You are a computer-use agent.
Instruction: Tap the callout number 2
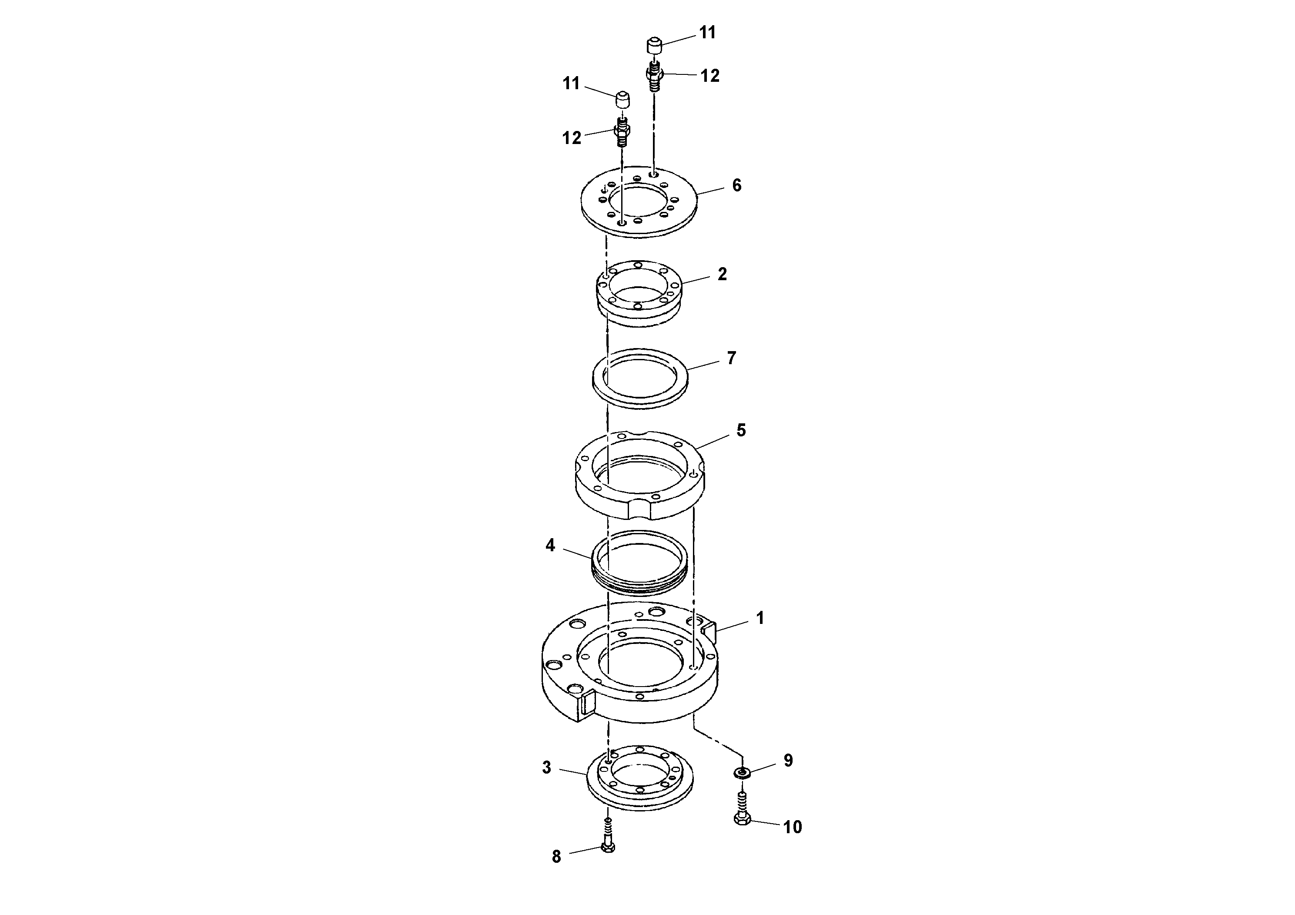(722, 274)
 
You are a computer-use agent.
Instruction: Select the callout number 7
(732, 358)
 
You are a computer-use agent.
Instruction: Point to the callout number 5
(741, 430)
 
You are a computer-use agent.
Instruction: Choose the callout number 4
(550, 545)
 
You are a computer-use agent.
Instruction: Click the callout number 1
(760, 618)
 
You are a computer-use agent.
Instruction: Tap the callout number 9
(788, 761)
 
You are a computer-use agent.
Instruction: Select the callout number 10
(793, 827)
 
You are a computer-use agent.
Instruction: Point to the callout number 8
(556, 856)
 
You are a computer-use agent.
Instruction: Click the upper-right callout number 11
(707, 33)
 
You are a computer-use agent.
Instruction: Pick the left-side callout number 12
(571, 137)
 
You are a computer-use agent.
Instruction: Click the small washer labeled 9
(742, 773)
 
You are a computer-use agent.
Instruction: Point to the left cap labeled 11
(622, 101)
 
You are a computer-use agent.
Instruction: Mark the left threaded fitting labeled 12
(622, 133)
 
